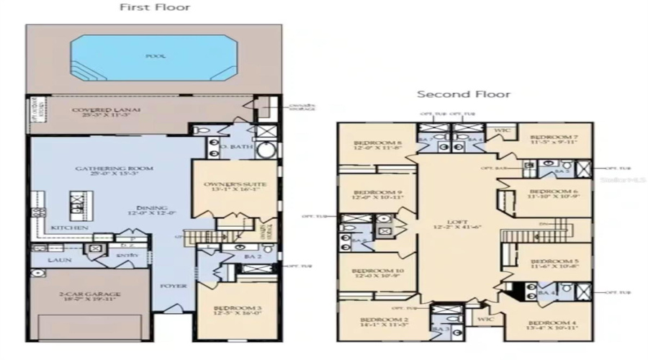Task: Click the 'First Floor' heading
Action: click(154, 8)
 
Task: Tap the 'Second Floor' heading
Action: click(464, 94)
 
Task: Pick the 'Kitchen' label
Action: click(70, 228)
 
